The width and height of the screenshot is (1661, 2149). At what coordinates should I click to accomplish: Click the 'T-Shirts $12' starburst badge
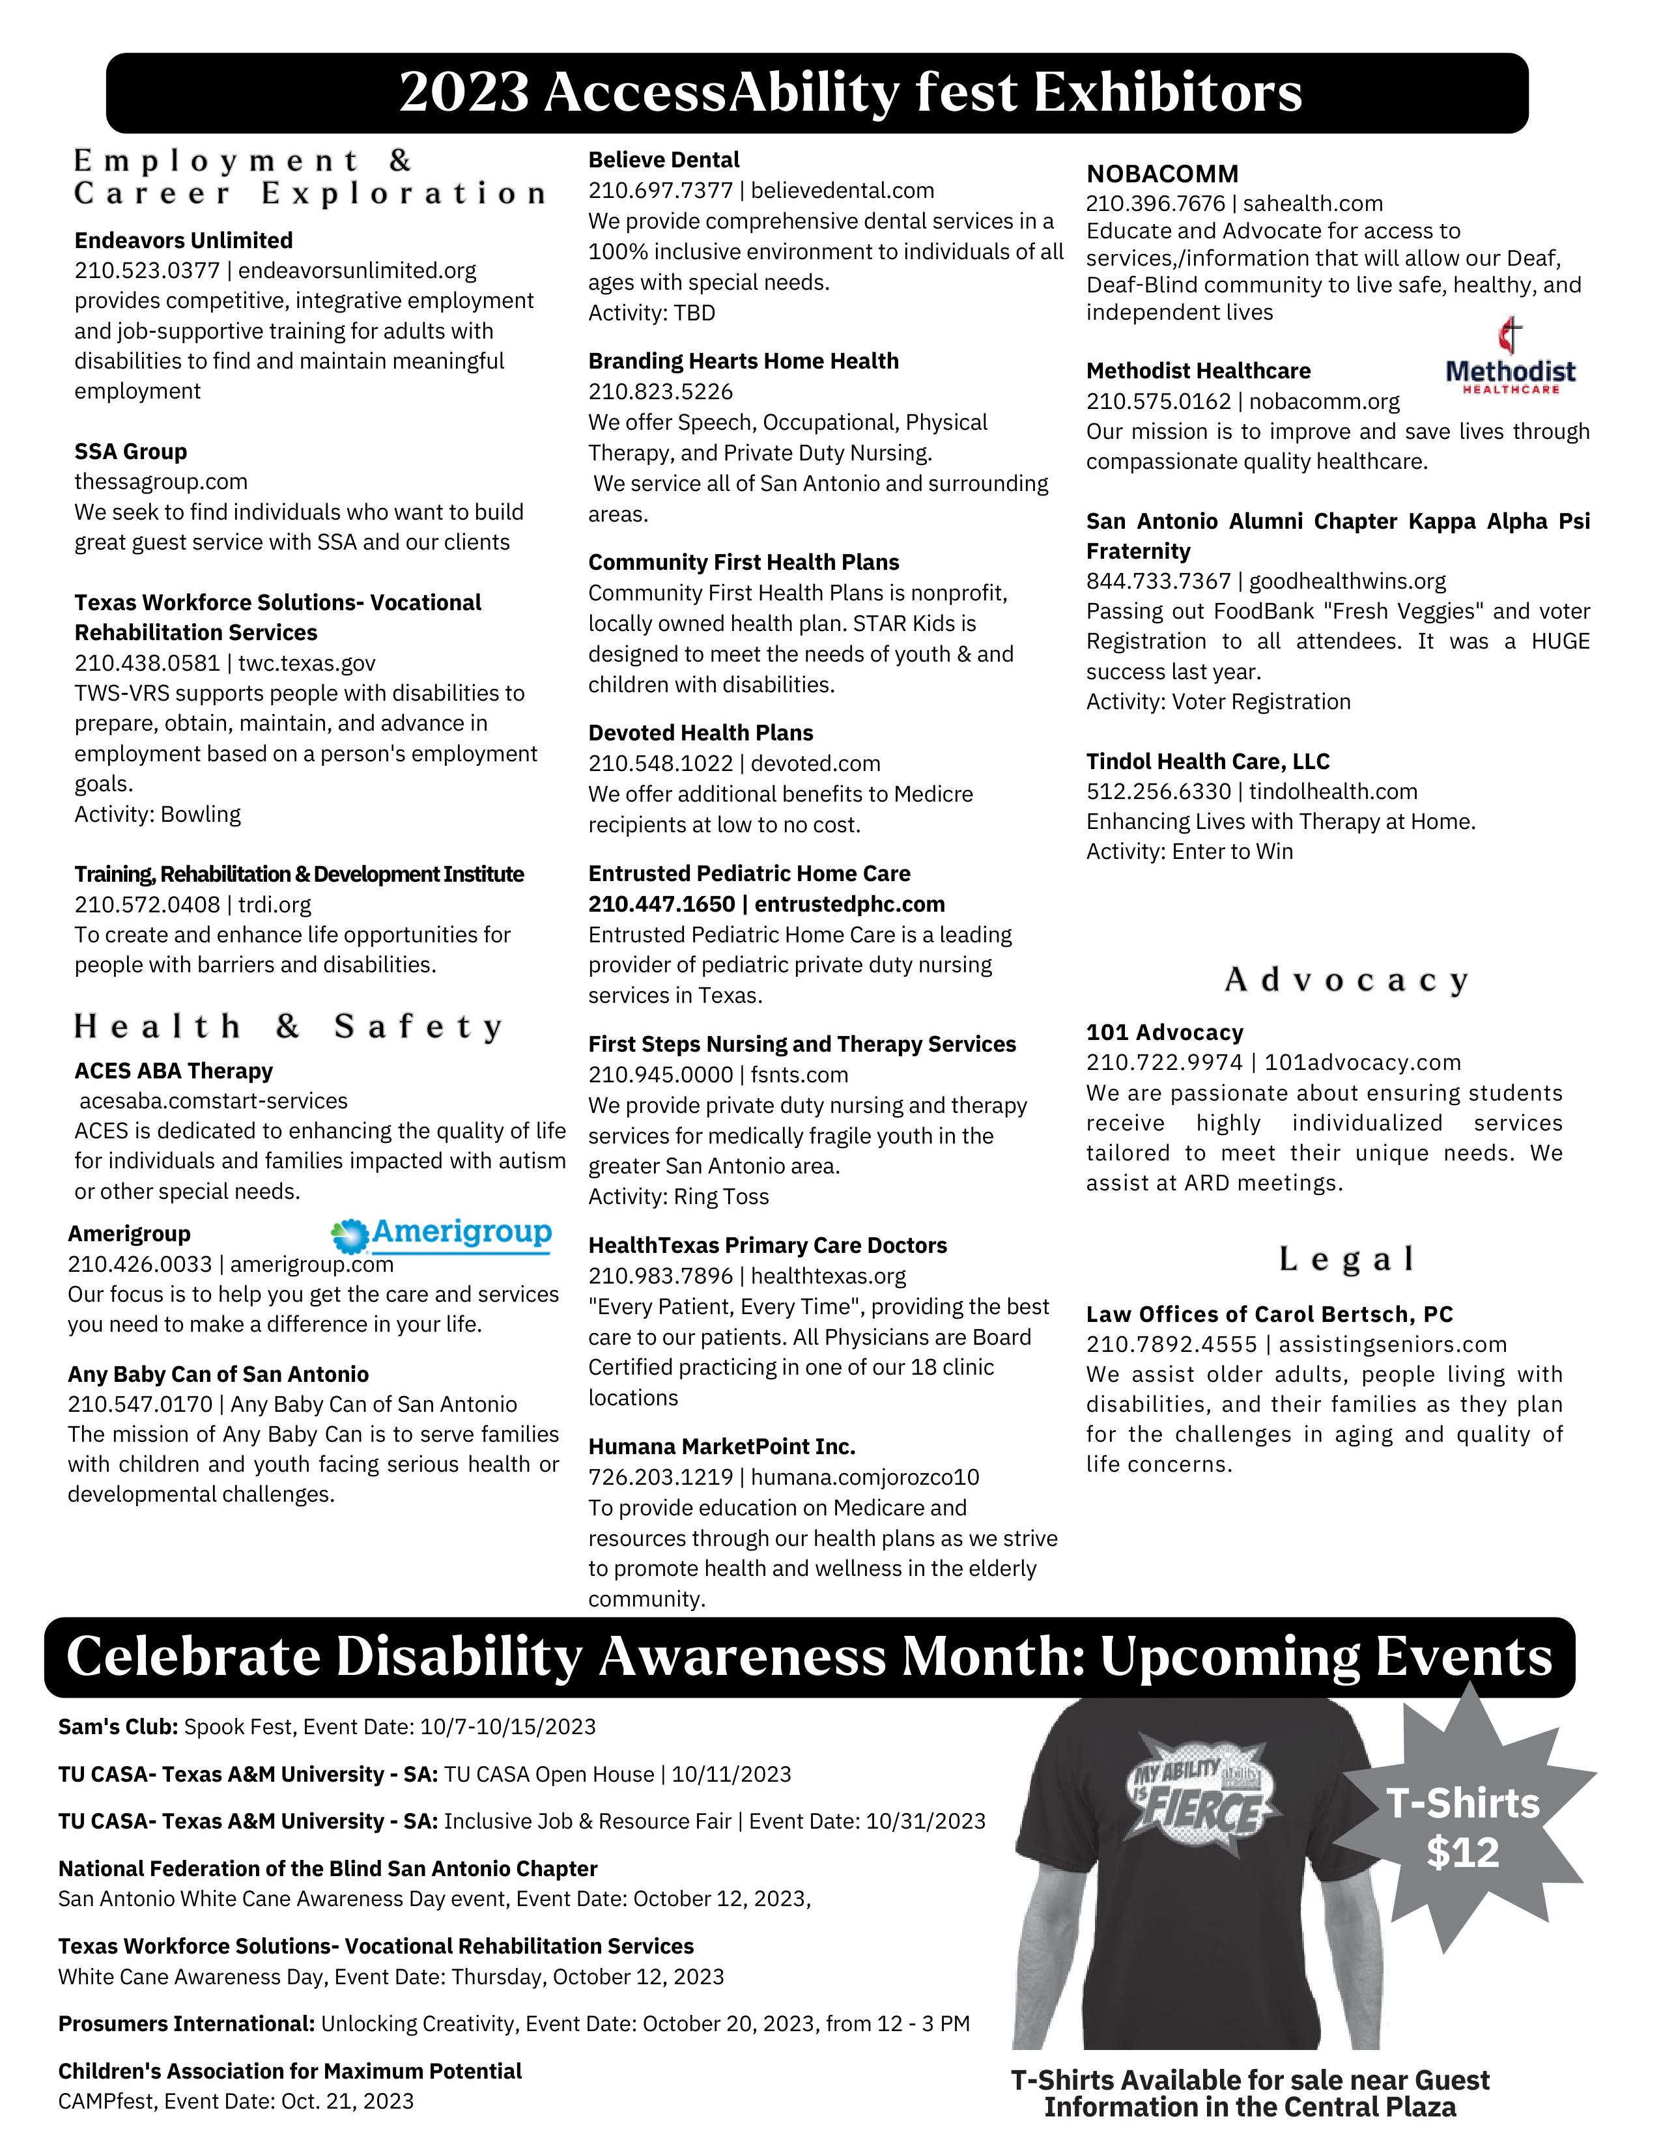point(1462,1827)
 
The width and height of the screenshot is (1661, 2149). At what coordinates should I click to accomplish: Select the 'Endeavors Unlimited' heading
point(184,241)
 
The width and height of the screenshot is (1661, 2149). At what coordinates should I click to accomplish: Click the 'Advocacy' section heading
point(1346,980)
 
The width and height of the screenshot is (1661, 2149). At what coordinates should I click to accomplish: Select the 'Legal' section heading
point(1346,1259)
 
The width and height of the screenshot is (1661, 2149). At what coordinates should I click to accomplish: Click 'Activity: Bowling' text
point(158,815)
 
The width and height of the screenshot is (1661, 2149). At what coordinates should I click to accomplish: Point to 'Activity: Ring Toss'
point(678,1198)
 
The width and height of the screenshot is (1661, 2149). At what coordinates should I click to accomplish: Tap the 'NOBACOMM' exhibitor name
point(1162,174)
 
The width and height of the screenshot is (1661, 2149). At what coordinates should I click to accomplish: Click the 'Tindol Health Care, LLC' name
point(1208,762)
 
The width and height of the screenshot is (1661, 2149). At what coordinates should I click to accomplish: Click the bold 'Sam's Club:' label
point(118,1727)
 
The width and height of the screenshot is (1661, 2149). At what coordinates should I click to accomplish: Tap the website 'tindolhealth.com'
point(1333,792)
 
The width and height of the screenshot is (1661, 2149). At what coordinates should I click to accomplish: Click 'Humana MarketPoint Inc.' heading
point(721,1446)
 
